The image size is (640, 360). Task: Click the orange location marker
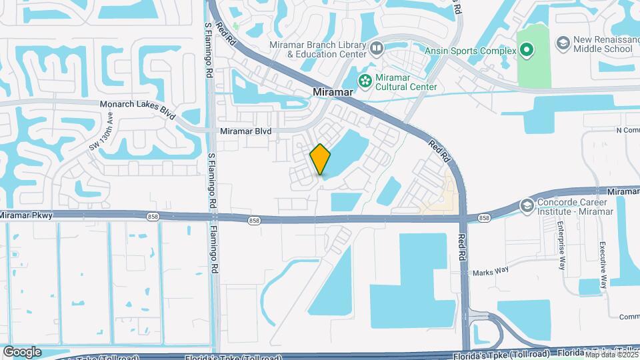point(320,159)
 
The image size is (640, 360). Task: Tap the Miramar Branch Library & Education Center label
point(318,49)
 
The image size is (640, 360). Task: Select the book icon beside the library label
point(377,48)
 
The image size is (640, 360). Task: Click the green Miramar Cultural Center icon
point(365,81)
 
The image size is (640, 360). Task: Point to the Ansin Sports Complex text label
point(471,51)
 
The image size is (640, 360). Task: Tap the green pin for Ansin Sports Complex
point(527,50)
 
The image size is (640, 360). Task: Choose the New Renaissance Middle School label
point(603,45)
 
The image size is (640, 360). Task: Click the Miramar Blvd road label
point(245,131)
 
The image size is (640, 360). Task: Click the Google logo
point(22,352)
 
